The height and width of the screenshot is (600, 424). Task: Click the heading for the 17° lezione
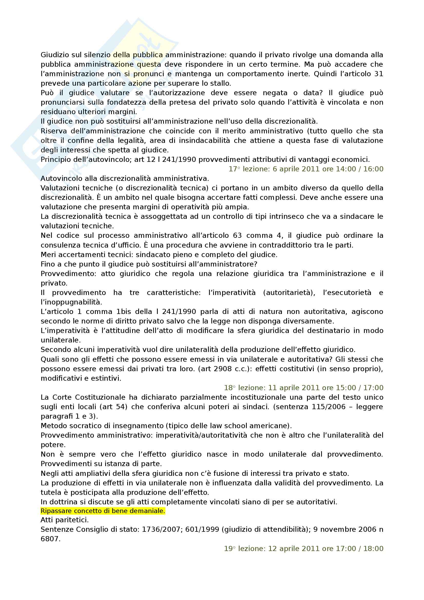click(306, 169)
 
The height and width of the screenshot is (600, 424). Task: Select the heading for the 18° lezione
click(303, 388)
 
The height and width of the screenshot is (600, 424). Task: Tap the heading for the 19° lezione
click(303, 548)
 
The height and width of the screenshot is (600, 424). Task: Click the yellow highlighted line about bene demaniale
click(103, 511)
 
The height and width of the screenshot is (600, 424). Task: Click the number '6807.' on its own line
click(51, 539)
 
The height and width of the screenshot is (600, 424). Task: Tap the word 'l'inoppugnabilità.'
click(72, 302)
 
